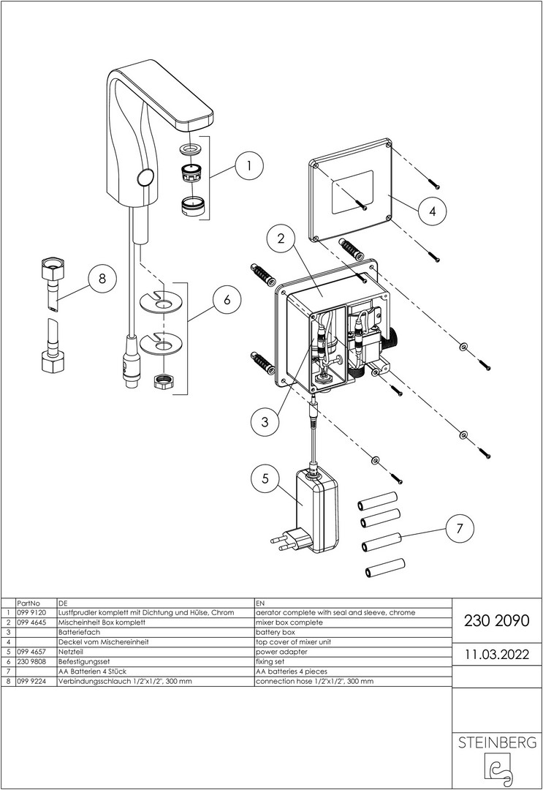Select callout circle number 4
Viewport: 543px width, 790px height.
coord(432,211)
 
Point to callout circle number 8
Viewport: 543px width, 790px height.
coord(102,279)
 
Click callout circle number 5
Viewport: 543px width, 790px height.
coord(265,480)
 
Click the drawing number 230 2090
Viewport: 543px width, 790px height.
coord(492,620)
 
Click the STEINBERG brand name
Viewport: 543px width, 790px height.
coord(496,743)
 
